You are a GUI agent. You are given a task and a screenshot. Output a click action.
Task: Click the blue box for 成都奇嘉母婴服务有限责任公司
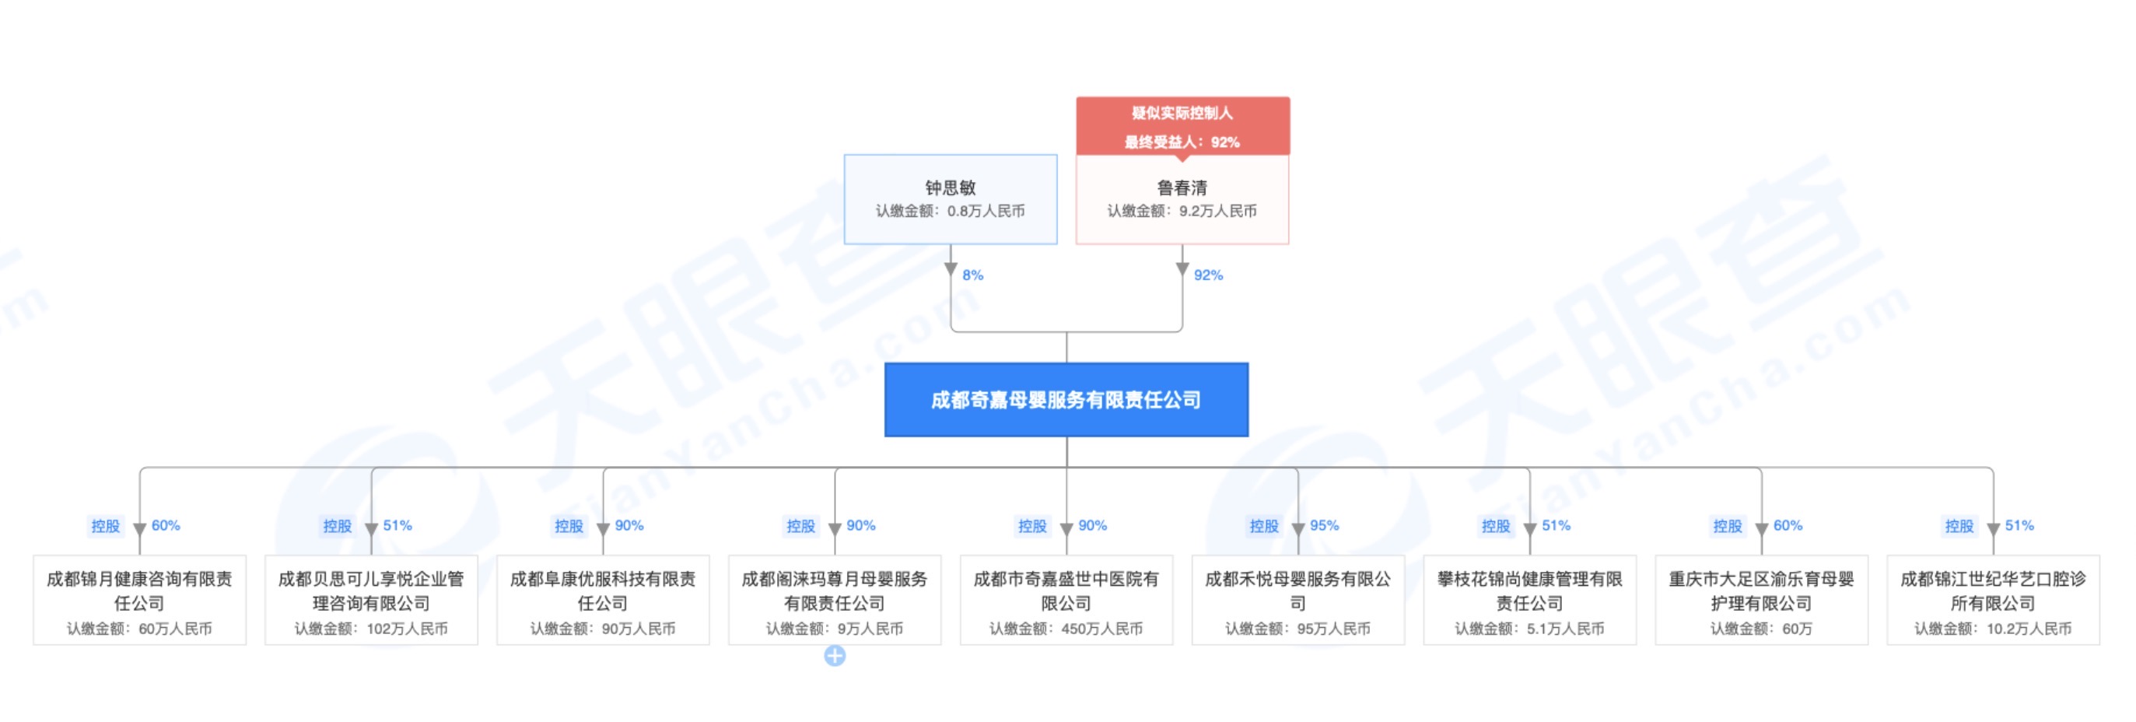point(1066,400)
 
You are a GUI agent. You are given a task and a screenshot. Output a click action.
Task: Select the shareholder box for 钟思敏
point(951,199)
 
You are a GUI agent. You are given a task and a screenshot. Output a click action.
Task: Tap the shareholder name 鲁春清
point(1182,188)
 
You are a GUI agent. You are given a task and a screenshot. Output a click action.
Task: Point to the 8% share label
point(972,275)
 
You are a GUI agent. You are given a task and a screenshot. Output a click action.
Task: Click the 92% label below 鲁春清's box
point(1208,275)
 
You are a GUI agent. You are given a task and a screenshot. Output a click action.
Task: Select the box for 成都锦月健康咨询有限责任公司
point(139,600)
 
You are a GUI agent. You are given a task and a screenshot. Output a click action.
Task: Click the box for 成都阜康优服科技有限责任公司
point(603,600)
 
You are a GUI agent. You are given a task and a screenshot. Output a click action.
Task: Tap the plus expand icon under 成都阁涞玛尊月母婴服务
point(834,657)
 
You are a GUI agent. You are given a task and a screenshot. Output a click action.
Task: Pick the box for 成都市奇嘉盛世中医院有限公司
point(1066,600)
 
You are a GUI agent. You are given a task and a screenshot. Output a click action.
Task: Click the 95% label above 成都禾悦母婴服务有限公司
point(1324,525)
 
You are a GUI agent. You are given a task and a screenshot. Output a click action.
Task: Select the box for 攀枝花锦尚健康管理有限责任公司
point(1530,600)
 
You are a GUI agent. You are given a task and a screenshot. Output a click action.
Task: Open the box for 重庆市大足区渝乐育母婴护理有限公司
point(1761,600)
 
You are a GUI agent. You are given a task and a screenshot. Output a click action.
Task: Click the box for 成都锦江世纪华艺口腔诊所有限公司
point(1993,600)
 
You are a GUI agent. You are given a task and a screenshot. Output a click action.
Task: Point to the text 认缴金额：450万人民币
point(1066,629)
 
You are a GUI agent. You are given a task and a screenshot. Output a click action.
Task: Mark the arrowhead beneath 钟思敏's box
point(951,268)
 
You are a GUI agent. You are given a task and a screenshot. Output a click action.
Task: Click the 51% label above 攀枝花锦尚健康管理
point(1556,525)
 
